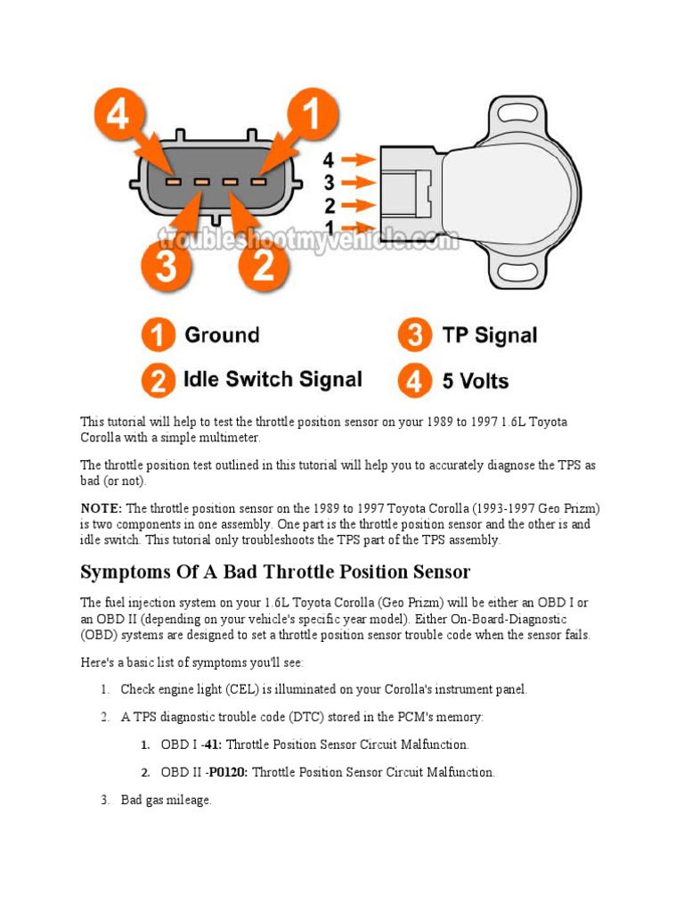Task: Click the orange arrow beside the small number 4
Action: (x=360, y=160)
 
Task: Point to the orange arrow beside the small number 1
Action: (x=360, y=227)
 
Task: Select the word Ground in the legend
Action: (x=222, y=336)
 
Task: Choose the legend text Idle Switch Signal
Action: (x=273, y=380)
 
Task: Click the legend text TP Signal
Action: (x=490, y=336)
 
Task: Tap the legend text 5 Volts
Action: (x=476, y=382)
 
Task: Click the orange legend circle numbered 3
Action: (x=414, y=336)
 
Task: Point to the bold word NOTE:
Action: (x=102, y=508)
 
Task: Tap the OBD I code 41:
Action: (x=212, y=744)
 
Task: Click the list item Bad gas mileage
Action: (x=167, y=801)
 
